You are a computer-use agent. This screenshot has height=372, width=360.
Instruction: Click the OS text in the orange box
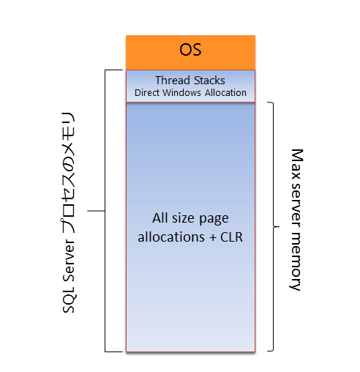click(190, 50)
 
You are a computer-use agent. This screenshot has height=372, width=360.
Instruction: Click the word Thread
click(173, 81)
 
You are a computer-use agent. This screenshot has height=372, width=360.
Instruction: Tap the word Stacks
click(209, 81)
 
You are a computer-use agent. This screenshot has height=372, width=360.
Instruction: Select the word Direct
click(147, 93)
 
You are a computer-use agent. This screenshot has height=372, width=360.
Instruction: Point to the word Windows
click(182, 93)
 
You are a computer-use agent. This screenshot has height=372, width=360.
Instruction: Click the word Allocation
click(225, 93)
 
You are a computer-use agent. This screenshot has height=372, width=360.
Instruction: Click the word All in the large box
click(160, 218)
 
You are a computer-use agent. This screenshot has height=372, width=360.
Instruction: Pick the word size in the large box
click(183, 218)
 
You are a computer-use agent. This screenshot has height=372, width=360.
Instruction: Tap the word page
click(214, 220)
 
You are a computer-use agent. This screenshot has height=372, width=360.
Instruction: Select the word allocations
click(171, 237)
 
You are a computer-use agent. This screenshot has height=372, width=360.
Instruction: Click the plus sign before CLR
click(213, 237)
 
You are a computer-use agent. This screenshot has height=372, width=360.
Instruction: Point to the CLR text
click(231, 237)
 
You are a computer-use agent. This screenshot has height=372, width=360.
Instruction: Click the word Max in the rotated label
click(297, 164)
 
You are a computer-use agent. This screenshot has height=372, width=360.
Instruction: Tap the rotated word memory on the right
click(296, 261)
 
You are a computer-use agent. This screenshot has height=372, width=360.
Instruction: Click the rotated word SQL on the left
click(69, 301)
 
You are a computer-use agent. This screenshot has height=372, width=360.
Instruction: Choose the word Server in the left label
click(69, 262)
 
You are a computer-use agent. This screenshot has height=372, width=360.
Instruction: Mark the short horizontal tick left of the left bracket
click(96, 211)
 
